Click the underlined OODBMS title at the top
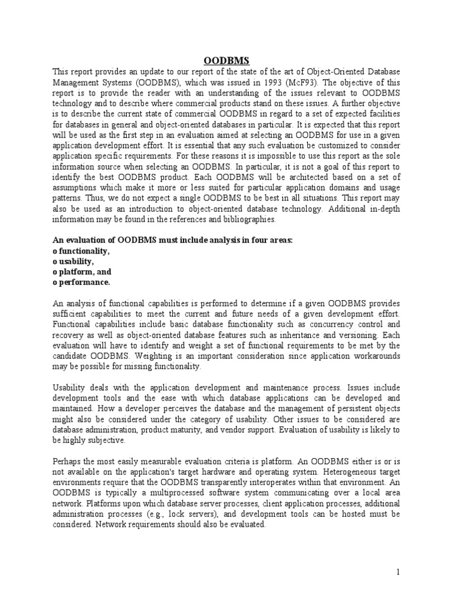click(x=226, y=60)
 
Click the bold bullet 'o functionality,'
click(x=81, y=251)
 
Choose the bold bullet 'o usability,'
click(x=73, y=261)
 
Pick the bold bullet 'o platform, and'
click(x=81, y=272)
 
